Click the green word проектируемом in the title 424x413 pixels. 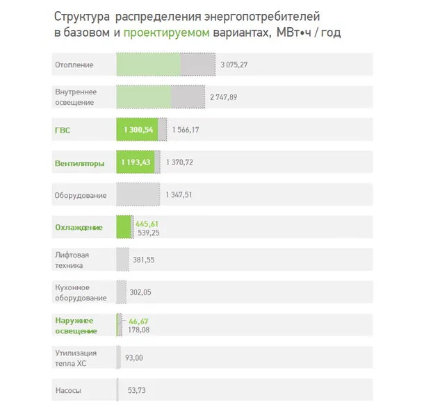[166, 33]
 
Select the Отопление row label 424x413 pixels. [74, 65]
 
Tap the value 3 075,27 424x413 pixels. [234, 65]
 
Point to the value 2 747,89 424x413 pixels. [223, 97]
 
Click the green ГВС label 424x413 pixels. [63, 130]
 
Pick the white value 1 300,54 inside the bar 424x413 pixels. [139, 130]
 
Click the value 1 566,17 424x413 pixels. [185, 130]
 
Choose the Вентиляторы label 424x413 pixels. [80, 163]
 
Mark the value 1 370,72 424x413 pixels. [179, 162]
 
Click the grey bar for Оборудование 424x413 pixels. [138, 195]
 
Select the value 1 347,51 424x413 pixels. [179, 195]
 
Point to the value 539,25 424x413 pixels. [148, 233]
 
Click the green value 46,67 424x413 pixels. [138, 321]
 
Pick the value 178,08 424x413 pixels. [139, 330]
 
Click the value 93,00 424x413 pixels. [133, 358]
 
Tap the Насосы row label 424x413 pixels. [68, 391]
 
